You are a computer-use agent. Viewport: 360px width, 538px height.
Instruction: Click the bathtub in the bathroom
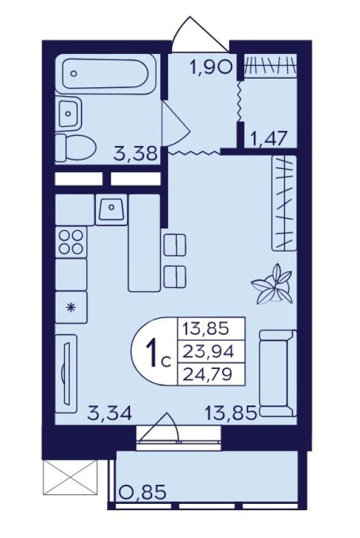coord(106,74)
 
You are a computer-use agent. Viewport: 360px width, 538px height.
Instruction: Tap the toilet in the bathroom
coord(75,148)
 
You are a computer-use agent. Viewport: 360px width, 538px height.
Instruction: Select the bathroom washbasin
coord(69,113)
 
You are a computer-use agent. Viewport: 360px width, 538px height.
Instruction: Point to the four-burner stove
coord(71,241)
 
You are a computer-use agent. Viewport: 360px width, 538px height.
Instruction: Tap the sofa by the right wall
coord(278,373)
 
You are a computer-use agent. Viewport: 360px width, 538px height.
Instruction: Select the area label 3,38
coord(135,154)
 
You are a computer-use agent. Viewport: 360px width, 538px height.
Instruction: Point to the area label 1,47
coord(270,140)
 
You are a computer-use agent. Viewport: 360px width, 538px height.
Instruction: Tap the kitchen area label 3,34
coord(109,413)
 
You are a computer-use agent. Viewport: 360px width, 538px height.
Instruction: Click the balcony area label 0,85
coord(143,492)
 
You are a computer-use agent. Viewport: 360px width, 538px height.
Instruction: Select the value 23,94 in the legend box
coord(208,352)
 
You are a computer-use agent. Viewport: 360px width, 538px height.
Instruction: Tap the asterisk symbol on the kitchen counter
coord(71,308)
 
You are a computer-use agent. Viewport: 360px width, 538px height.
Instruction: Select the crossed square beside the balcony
coord(71,477)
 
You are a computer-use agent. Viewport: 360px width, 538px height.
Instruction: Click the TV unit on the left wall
coord(66,374)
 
